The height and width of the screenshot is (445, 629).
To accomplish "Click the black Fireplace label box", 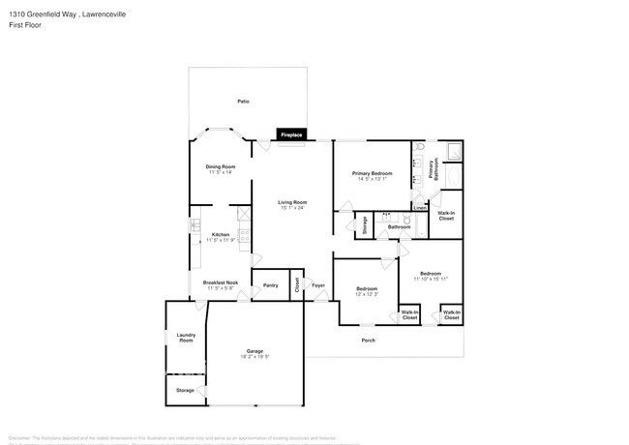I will click(x=291, y=135).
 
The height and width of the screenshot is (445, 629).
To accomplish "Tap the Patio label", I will click(x=244, y=102).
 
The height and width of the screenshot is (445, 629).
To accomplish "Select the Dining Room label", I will click(x=221, y=166).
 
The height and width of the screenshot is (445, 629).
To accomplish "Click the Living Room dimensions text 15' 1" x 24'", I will click(x=292, y=207).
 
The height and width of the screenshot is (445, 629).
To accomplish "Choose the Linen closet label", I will click(x=419, y=208).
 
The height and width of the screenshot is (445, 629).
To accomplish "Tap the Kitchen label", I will click(x=221, y=234).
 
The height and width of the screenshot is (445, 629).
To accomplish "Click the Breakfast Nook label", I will click(x=221, y=282).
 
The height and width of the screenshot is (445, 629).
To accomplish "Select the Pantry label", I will click(x=270, y=285).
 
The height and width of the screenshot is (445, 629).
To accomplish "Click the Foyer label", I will click(x=317, y=285).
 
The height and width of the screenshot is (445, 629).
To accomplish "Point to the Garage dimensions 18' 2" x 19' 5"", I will click(x=255, y=356).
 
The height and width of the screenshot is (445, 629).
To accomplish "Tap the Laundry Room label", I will click(x=186, y=338).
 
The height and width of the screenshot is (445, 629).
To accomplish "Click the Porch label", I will click(x=368, y=341).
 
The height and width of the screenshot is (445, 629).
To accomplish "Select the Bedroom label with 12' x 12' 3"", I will click(x=366, y=288).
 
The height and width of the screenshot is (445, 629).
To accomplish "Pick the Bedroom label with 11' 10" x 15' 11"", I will click(x=430, y=274).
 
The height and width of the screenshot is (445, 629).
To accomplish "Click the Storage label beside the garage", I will click(x=184, y=390).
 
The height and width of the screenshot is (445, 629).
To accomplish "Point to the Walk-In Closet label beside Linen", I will click(x=446, y=216).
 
